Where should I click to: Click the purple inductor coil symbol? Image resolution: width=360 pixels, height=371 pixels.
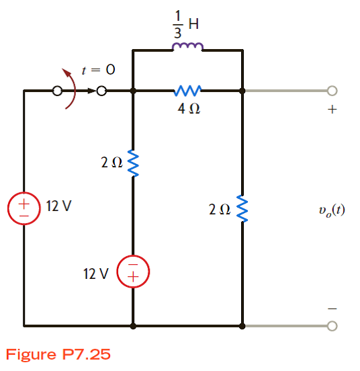tap(187, 46)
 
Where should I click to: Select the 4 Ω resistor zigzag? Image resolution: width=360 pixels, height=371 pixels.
tap(187, 90)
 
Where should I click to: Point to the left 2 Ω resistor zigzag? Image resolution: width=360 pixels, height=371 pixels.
tap(133, 161)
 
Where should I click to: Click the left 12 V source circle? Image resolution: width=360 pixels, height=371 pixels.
tap(24, 208)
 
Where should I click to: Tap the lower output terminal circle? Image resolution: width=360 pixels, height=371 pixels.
tap(330, 326)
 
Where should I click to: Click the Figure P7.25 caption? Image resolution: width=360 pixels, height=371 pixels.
tap(58, 354)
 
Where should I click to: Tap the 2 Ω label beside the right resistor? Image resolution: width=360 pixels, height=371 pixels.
tap(219, 210)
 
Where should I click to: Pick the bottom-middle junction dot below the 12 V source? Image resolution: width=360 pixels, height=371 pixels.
tap(134, 326)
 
